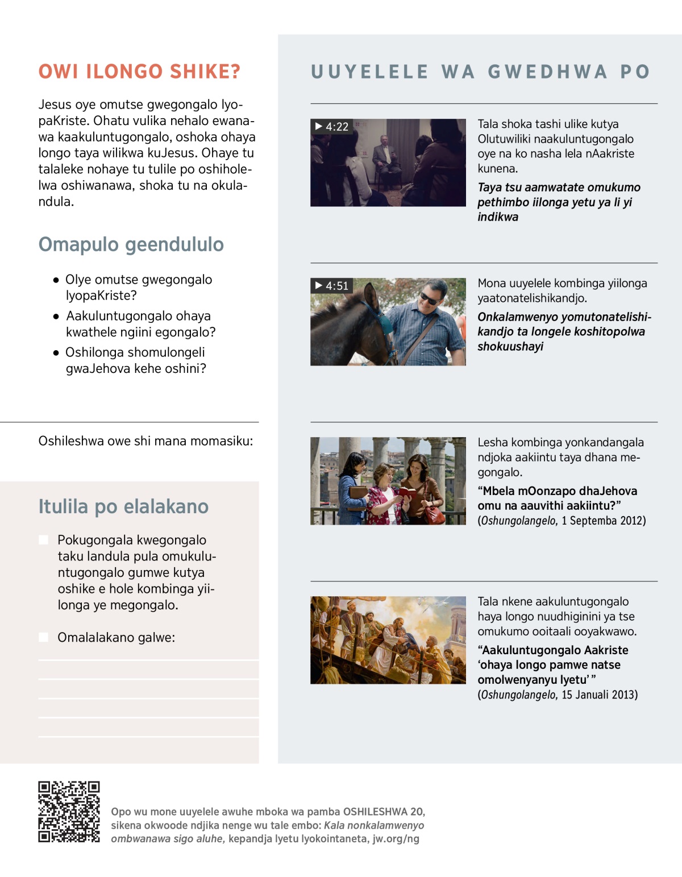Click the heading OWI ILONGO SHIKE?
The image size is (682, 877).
coord(139,72)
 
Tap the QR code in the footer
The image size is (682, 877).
coord(69,812)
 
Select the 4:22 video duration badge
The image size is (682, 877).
coord(332,127)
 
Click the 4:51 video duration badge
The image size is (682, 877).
coord(332,286)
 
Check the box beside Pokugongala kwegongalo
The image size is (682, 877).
coord(43,540)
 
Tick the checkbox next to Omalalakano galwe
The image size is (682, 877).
coord(43,637)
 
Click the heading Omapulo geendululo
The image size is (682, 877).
coord(131,244)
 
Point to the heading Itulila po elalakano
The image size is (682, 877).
coord(123,506)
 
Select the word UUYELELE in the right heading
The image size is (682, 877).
coord(369,72)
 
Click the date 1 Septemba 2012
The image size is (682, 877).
coord(604,521)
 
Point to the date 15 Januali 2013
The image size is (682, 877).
coord(600,695)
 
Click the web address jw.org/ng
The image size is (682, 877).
coord(396,839)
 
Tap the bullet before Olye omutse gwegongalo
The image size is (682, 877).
coord(56,280)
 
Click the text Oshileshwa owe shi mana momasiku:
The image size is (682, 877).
coord(145,441)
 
